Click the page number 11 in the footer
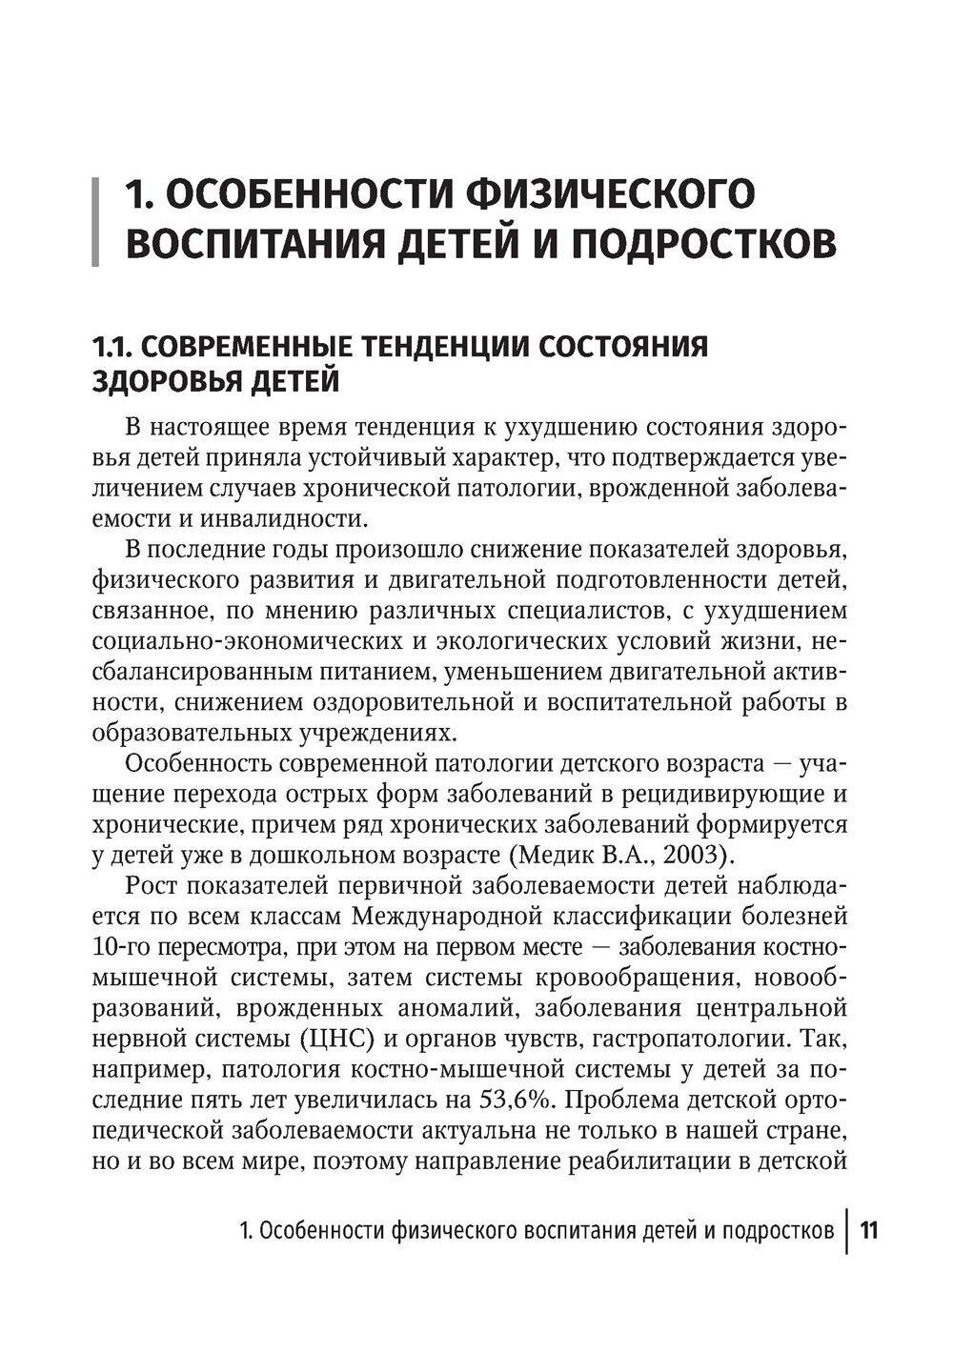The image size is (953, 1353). (868, 1230)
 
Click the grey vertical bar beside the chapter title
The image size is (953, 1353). (95, 221)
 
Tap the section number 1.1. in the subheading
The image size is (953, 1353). (113, 346)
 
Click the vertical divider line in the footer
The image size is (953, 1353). (846, 1230)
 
